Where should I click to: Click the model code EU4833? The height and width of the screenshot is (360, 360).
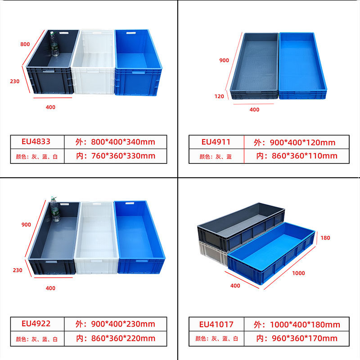click(36, 142)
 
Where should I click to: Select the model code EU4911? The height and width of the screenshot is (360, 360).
click(216, 142)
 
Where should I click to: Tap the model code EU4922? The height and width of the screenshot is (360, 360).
click(36, 324)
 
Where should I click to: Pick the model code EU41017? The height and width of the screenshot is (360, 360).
click(216, 324)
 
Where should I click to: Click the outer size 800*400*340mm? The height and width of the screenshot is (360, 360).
click(116, 142)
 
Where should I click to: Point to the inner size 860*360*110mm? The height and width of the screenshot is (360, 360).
click(297, 156)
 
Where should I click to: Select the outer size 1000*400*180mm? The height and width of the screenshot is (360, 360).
click(297, 324)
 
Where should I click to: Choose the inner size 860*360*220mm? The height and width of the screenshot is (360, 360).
click(116, 338)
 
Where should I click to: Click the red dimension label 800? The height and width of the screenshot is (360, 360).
click(25, 44)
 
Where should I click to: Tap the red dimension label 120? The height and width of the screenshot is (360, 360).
click(219, 96)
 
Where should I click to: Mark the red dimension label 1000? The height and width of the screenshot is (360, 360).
click(298, 273)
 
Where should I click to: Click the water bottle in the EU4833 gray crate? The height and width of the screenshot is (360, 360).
click(54, 44)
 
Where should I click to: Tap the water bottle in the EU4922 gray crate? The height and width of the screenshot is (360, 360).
click(55, 209)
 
